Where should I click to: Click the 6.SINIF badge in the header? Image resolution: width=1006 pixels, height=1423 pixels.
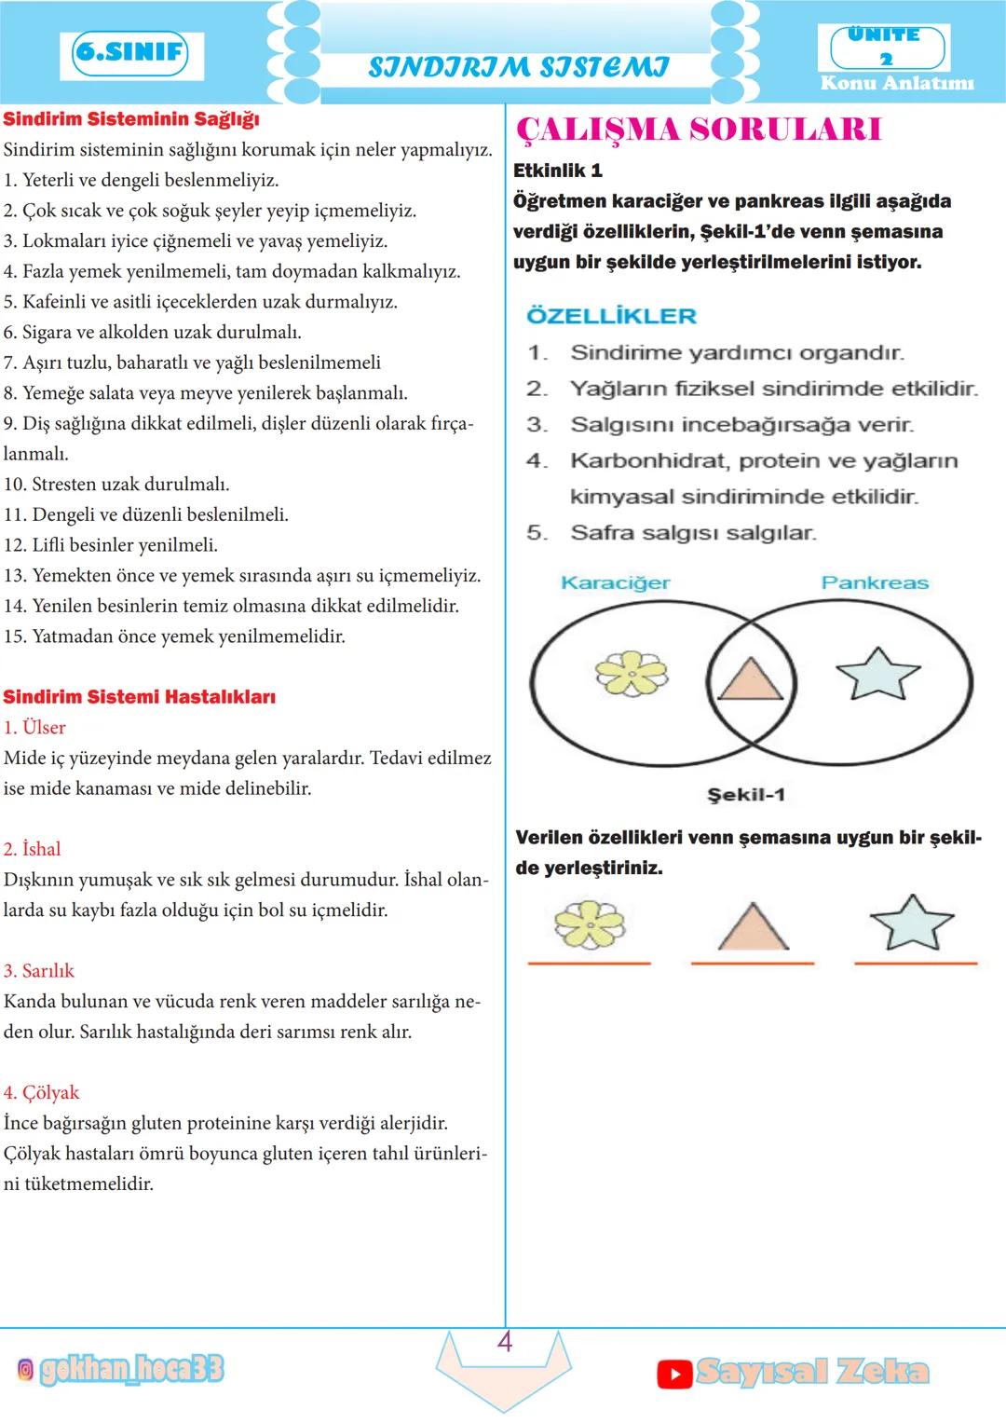pos(130,53)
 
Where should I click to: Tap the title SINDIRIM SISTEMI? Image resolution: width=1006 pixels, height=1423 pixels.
pos(518,67)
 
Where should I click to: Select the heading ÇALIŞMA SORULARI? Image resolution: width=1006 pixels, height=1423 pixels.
pos(698,130)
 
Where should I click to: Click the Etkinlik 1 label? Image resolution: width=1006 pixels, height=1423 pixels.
pos(558,171)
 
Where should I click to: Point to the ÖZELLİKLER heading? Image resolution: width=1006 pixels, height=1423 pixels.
pos(611,316)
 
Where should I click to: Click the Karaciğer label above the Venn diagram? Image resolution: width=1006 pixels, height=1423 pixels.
pos(615,582)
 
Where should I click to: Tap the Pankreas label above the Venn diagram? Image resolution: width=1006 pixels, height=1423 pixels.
pos(875,582)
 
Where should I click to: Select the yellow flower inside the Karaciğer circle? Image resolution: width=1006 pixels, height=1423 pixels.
pos(632,673)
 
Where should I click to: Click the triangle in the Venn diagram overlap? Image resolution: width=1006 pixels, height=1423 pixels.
pos(751,678)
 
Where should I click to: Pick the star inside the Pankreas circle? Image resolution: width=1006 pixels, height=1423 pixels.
pos(877,673)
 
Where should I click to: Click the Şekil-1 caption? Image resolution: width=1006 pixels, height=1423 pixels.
pos(746,795)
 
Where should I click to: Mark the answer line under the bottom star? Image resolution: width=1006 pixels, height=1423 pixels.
pos(916,963)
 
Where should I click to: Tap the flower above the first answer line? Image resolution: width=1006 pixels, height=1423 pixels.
pos(589,924)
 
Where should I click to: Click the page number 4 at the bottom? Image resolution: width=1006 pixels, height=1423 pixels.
pos(505,1342)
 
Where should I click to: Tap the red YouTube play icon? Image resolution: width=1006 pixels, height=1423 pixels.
pos(674,1373)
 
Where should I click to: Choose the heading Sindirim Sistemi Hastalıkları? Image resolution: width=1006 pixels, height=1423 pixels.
pos(139,697)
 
